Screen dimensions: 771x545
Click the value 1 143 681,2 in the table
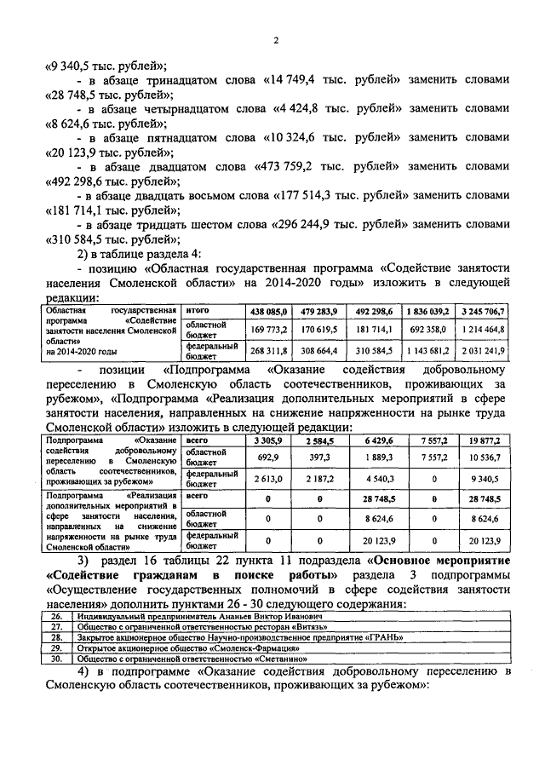[x=427, y=350]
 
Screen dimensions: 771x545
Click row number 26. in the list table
[x=55, y=615]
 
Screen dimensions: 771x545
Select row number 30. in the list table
[x=55, y=658]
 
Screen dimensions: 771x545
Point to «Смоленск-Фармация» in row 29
[x=209, y=647]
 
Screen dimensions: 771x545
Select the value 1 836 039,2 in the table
[x=427, y=311]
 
